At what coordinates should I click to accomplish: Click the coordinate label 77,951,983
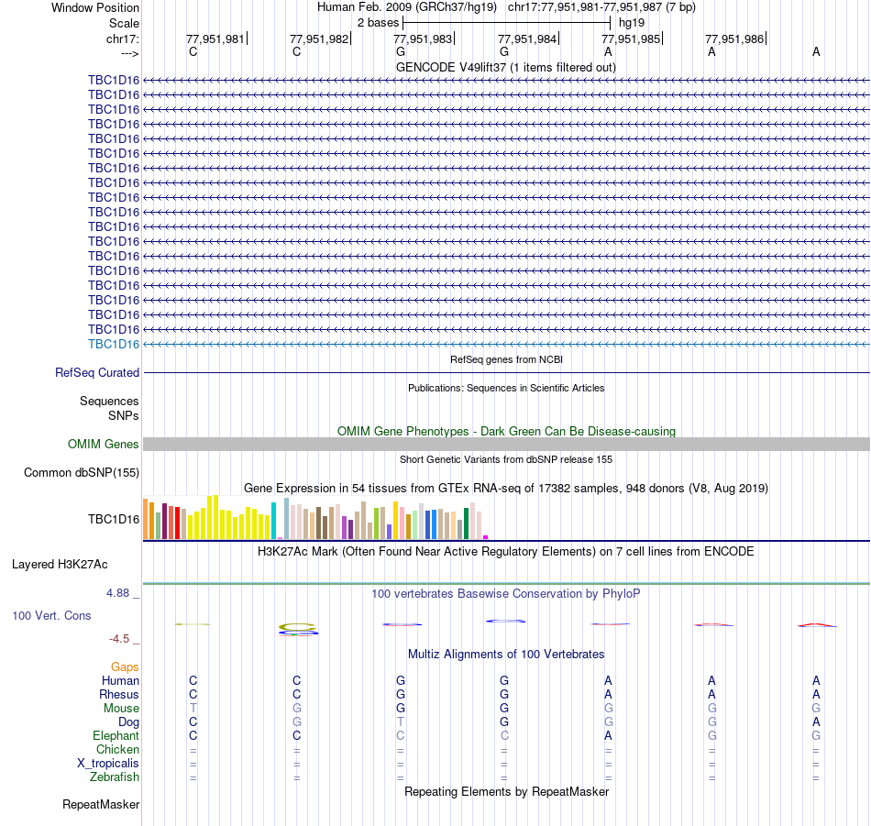coord(423,39)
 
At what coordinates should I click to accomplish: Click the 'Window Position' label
coord(95,7)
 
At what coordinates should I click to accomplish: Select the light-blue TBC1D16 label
coord(114,344)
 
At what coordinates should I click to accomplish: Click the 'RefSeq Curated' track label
coord(97,373)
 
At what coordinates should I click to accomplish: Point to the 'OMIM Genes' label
coord(104,445)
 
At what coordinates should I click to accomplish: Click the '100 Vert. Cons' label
coord(51,616)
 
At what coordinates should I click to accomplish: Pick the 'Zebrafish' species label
coord(115,777)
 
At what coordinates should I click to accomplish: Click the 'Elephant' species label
coord(116,736)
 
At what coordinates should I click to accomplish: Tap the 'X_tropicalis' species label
coord(108,764)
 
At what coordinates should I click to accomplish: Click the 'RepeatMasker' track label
coord(101,805)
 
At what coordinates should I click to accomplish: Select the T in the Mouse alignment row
coord(193,709)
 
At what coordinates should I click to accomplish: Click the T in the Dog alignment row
coord(401,722)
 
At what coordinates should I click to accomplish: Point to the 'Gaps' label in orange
coord(125,667)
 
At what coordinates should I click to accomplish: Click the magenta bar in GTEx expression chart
coord(486,536)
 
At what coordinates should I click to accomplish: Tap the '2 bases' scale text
coord(377,22)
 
